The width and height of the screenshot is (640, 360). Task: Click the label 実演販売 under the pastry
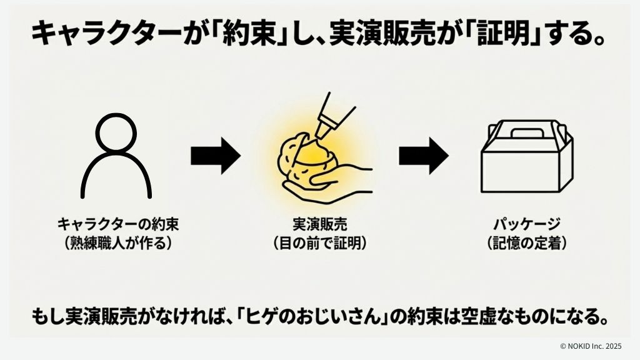point(319,223)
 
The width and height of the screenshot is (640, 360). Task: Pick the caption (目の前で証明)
point(319,243)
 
